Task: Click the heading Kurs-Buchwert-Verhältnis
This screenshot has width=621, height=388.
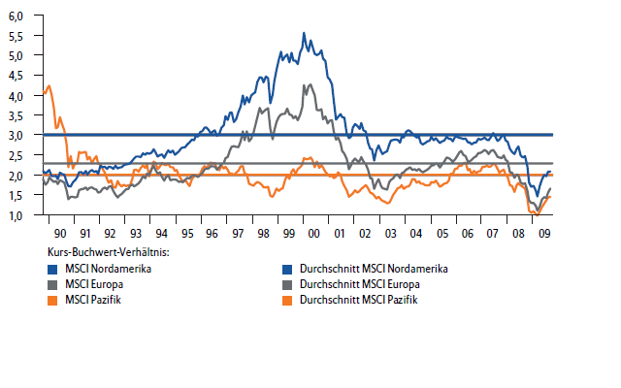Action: pos(108,252)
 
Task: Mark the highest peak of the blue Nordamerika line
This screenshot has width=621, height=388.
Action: pos(304,33)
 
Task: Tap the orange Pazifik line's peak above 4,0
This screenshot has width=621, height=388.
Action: pos(49,86)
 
